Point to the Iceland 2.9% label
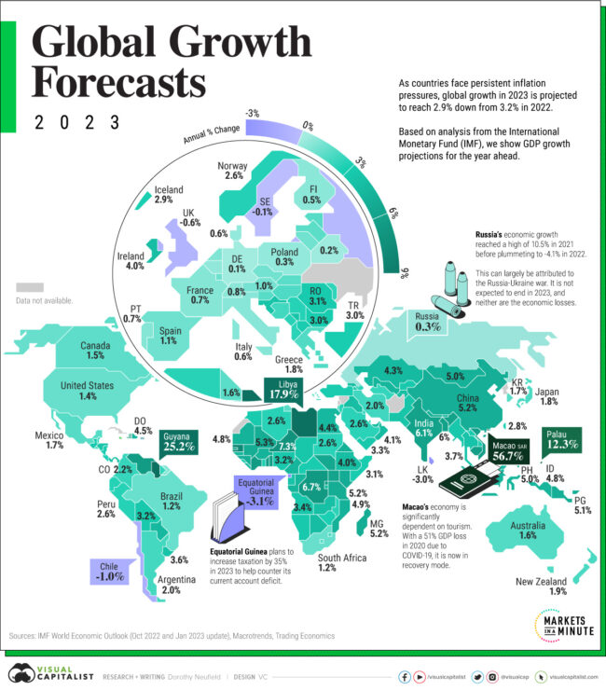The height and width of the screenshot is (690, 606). pos(164,193)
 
